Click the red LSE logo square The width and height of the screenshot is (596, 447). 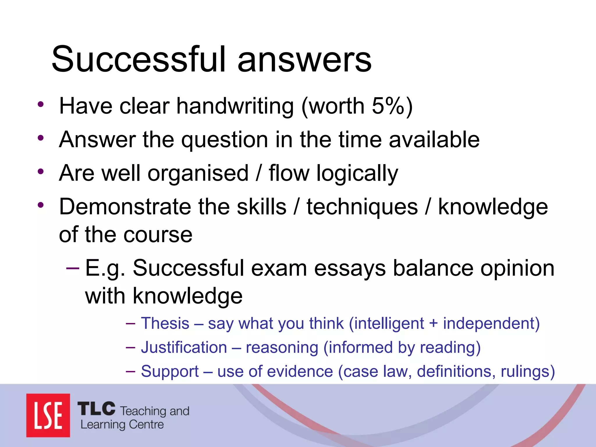[x=48, y=415]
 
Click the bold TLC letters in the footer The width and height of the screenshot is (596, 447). [x=96, y=409]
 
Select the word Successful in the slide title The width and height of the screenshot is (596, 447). [x=139, y=59]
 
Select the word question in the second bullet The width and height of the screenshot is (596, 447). [x=225, y=140]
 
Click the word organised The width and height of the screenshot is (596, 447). [x=198, y=173]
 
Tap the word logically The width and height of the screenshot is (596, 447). [x=357, y=173]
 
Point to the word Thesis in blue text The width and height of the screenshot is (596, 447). [x=165, y=323]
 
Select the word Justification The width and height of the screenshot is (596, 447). [x=184, y=347]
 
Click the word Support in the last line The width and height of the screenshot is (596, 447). [x=170, y=372]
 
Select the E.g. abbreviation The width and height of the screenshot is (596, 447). [x=105, y=268]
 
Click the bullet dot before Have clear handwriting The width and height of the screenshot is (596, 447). [x=41, y=104]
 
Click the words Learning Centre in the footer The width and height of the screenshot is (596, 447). [x=122, y=425]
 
